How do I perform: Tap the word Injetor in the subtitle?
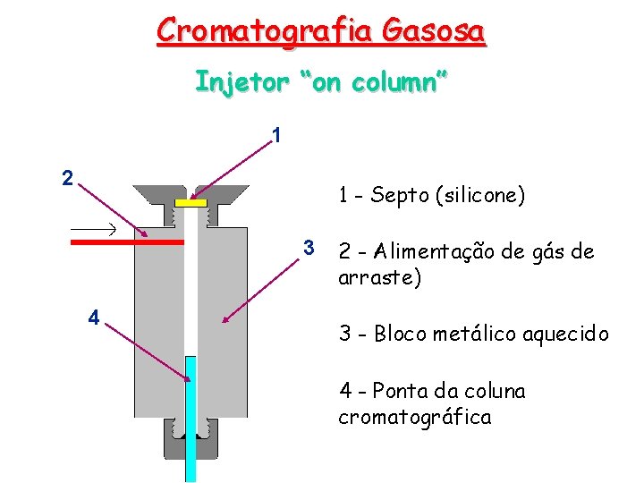(242, 81)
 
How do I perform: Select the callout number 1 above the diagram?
(277, 135)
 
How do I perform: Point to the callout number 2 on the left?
(67, 177)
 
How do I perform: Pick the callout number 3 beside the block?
(308, 248)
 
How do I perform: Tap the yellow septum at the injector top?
(191, 203)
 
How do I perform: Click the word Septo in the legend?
(399, 196)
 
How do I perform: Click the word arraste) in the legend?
(379, 277)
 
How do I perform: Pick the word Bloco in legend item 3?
(400, 335)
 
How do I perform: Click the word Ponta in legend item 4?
(399, 391)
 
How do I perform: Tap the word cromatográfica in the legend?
(414, 417)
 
